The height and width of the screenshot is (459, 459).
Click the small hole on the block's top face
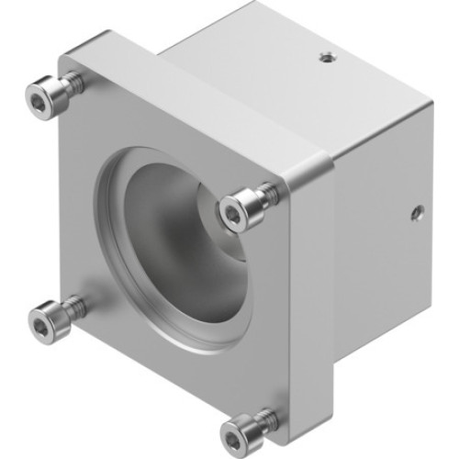pyautogui.click(x=325, y=60)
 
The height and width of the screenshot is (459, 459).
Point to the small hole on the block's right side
pyautogui.click(x=416, y=214)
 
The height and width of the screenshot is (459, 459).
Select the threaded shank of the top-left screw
pyautogui.click(x=73, y=84)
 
